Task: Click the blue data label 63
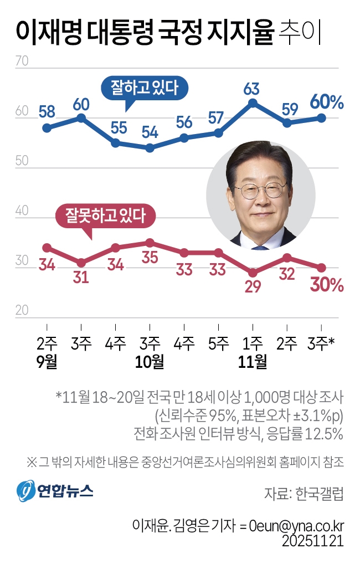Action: (252, 89)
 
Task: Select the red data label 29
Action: (253, 288)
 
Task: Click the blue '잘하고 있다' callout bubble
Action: (145, 88)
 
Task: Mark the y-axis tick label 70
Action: (22, 61)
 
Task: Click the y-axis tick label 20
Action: (22, 311)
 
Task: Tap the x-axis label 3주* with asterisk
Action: (321, 344)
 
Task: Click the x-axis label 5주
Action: (218, 344)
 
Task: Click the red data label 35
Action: (150, 258)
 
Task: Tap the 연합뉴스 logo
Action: (54, 490)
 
